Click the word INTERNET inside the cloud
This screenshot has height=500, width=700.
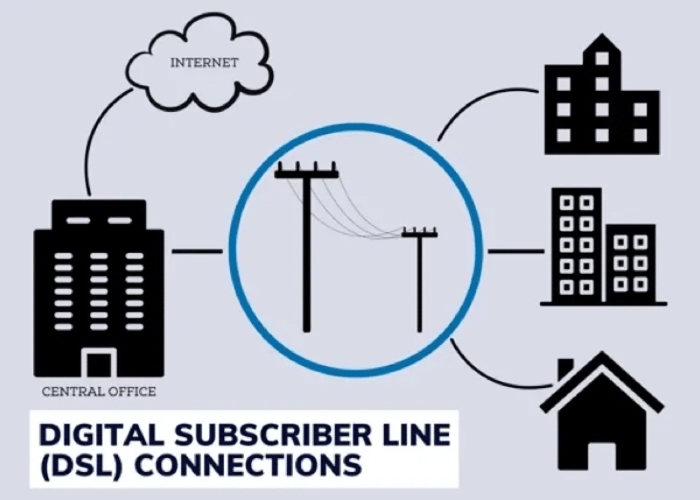204,62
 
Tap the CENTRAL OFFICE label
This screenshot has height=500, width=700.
99,391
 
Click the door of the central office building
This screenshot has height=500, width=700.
99,363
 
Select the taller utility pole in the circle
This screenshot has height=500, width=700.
306,254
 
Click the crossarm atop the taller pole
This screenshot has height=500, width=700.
306,173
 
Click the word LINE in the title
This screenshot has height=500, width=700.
409,435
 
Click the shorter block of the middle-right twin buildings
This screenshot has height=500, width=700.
631,263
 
